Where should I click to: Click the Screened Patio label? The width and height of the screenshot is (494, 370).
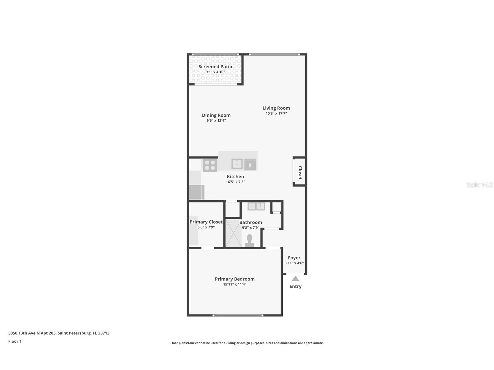pos(215,67)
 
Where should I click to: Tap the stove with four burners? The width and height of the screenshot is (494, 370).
pos(210,165)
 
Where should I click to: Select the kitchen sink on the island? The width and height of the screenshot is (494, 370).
pos(237,164)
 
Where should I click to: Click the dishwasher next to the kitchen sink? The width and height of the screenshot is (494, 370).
pos(250,165)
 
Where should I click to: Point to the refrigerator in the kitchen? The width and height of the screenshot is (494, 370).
pos(196,192)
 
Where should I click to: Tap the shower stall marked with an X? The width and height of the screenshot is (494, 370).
pos(233,233)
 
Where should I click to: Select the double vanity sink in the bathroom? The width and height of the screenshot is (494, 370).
pos(256,207)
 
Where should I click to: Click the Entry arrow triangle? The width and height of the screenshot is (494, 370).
pos(295,279)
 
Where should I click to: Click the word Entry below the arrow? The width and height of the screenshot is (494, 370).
pos(295,287)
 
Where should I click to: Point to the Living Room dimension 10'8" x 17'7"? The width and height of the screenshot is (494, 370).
pos(276,113)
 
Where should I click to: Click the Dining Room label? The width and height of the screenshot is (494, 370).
pos(216,115)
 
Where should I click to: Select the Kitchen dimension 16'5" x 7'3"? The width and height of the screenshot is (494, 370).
pos(235,182)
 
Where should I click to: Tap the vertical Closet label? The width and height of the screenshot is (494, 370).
pos(300,173)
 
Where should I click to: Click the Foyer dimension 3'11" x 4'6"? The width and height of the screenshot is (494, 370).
pos(294,263)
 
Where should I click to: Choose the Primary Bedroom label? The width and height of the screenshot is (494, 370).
pos(235,279)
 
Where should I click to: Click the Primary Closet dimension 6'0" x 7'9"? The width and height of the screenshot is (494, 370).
pos(206,227)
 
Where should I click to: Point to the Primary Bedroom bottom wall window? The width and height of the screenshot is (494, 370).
pos(238,315)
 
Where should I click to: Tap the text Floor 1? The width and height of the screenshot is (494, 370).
pos(15,341)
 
